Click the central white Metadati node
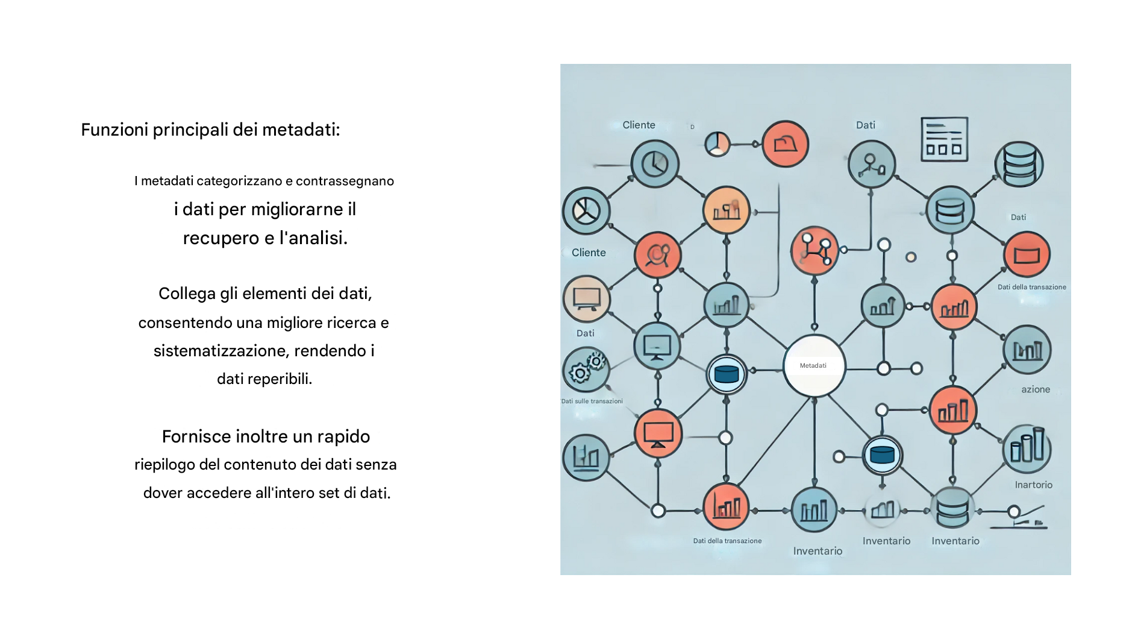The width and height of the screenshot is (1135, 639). point(814,366)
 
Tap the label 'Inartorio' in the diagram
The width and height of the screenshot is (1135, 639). point(1033,485)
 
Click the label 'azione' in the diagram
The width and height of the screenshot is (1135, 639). point(1036,389)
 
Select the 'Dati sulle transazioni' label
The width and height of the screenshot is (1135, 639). point(592,401)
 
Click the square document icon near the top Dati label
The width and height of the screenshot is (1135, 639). point(944,139)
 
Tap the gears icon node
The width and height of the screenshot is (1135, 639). point(586,370)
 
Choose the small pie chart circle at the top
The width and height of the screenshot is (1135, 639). point(717,144)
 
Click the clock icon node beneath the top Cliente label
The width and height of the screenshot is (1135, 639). point(655,163)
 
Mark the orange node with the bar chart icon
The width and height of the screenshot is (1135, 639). point(726,210)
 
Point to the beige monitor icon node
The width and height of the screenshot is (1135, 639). point(586,299)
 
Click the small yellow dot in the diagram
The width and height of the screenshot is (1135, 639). point(911,257)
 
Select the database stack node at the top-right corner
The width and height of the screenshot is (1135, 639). point(1019,164)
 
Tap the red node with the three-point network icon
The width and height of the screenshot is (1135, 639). point(814,251)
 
